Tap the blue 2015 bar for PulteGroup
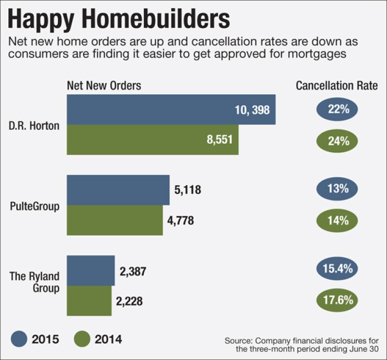pos(118,189)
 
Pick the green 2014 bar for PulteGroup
pos(115,220)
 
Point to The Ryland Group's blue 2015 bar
pos(90,271)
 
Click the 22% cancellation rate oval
pos(336,110)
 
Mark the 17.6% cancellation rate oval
pos(336,300)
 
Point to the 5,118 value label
pos(187,189)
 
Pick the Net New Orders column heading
pos(104,86)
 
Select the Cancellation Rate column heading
pos(337,86)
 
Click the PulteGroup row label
pos(35,206)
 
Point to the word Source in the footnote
pos(238,341)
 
